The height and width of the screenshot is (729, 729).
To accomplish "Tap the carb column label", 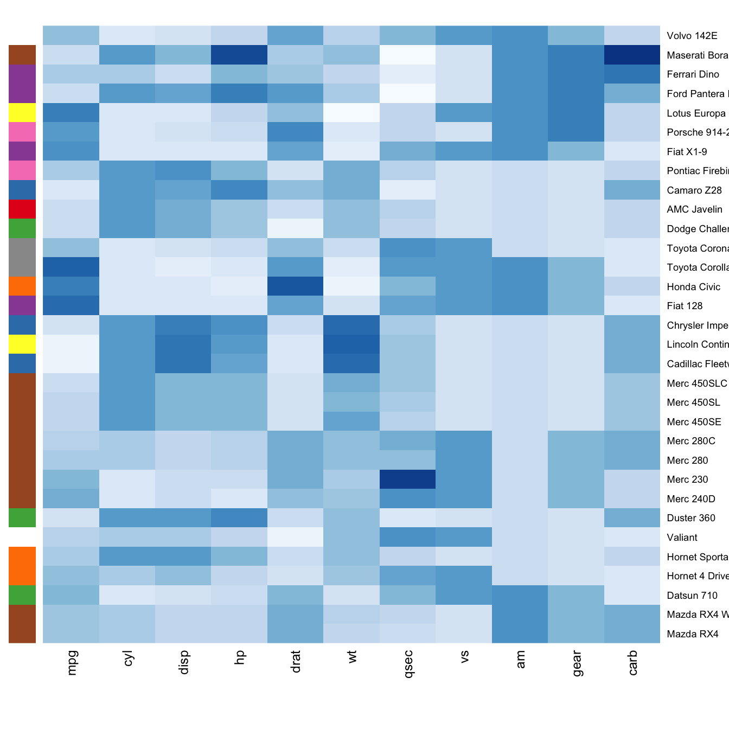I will pos(632,662).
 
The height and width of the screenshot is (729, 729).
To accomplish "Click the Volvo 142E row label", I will pos(692,36).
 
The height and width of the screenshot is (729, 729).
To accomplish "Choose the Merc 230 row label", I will pos(687,479).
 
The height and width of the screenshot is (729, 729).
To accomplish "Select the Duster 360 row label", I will pos(691,518).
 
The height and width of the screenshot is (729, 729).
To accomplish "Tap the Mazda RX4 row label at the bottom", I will pos(693,634).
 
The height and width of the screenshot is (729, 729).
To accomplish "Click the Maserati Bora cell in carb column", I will pos(632,55).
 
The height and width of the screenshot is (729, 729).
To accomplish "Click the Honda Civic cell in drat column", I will pos(296,286).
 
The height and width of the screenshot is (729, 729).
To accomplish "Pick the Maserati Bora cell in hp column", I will pos(239,55).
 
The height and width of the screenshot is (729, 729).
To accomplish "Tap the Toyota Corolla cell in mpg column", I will pos(71,267).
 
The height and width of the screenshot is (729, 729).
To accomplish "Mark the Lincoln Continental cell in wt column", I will pos(351,344).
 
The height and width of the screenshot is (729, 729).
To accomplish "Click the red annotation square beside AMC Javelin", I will pos(22,209).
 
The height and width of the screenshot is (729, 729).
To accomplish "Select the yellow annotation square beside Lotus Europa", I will pos(22,113).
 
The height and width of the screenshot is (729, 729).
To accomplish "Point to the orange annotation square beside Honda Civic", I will pos(22,286).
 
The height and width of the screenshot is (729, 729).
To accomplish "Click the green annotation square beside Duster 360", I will pos(22,517).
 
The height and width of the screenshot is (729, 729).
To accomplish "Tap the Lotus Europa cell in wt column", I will pos(351,113).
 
